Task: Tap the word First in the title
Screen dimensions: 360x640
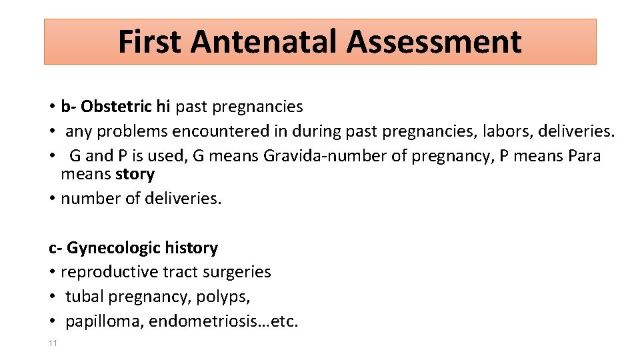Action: point(149,41)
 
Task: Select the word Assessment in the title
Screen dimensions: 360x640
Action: point(433,41)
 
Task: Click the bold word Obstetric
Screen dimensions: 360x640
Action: point(116,107)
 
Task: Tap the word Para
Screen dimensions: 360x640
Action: point(585,156)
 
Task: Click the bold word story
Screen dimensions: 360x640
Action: point(135,175)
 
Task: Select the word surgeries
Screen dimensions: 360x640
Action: point(238,272)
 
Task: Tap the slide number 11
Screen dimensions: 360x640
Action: point(53,343)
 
